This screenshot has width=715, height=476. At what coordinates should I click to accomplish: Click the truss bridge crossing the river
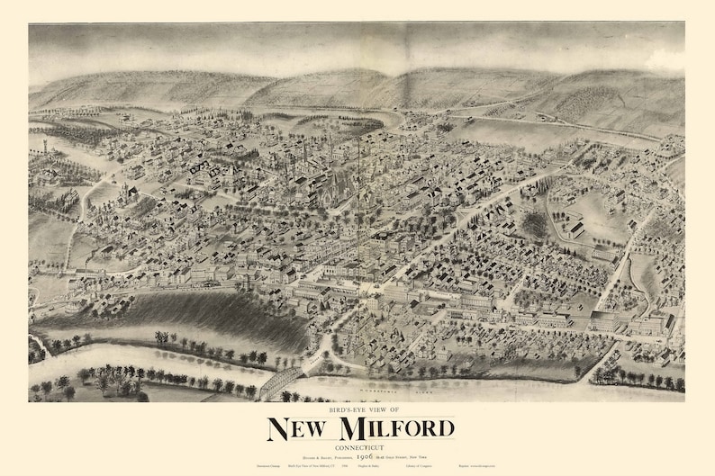click(281, 381)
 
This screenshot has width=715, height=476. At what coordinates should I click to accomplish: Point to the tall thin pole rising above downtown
click(359, 180)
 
